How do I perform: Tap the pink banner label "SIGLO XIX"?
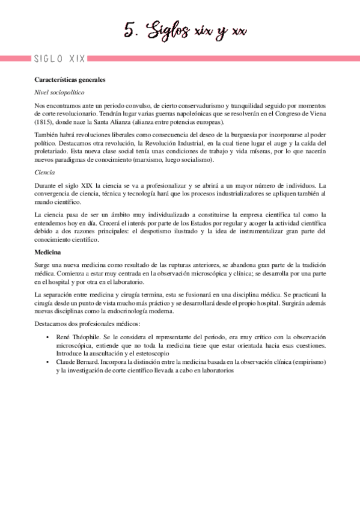tap(59, 59)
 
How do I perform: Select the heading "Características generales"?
tap(70, 79)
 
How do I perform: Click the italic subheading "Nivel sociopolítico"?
tap(59, 93)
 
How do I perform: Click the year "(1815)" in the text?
tap(44, 121)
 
